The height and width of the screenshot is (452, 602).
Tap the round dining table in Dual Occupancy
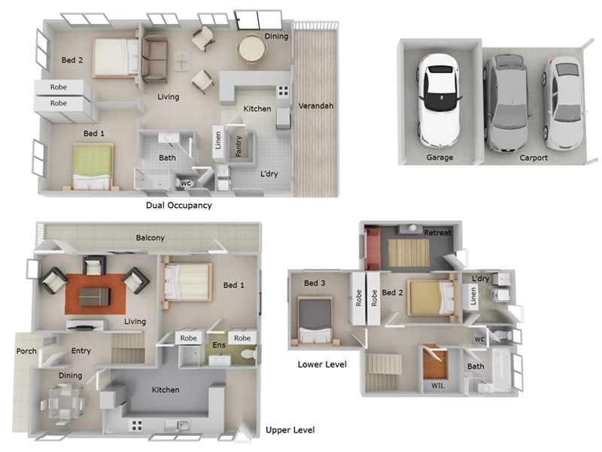click(x=251, y=50)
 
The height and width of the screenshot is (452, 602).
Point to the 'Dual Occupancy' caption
click(x=178, y=205)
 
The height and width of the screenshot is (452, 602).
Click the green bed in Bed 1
click(x=93, y=166)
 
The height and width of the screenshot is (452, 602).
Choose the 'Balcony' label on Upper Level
click(x=150, y=238)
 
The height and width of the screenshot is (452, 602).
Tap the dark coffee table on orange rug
click(x=94, y=296)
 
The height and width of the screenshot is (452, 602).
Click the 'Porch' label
click(x=26, y=351)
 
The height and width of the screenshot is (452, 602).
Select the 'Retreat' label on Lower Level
click(x=437, y=233)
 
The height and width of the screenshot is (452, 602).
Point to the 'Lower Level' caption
click(x=322, y=365)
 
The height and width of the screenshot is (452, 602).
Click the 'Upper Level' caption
click(x=290, y=430)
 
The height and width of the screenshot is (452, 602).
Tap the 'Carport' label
click(x=534, y=158)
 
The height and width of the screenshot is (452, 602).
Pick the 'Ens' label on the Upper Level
click(x=218, y=345)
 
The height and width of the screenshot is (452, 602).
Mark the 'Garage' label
click(x=439, y=158)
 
